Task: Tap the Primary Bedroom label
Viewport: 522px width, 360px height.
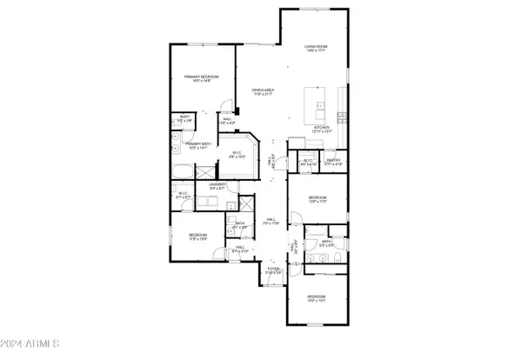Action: (x=201, y=78)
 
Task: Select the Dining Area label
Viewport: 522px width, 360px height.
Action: (x=264, y=90)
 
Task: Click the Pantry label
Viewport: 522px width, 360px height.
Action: (x=333, y=161)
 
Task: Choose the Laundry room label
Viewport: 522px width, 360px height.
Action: (x=218, y=184)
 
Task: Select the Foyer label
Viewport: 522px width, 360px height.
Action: (x=273, y=270)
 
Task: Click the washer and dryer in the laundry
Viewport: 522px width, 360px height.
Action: (x=213, y=202)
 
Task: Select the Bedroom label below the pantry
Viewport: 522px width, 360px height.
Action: (x=316, y=199)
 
